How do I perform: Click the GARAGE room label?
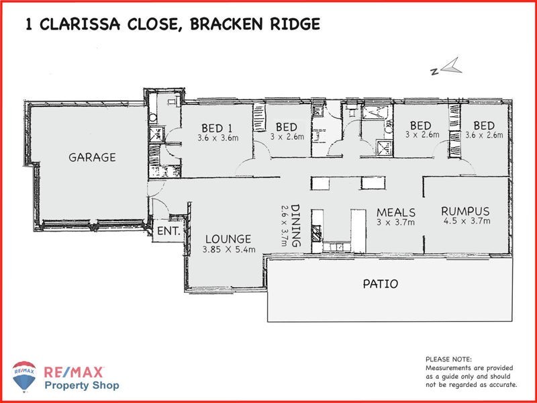[92, 158]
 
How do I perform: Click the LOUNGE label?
[228, 238]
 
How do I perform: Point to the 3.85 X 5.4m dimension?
[228, 250]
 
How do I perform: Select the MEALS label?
[395, 212]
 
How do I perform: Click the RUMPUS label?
[465, 210]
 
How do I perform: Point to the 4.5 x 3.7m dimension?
[465, 221]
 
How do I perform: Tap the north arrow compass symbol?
[447, 67]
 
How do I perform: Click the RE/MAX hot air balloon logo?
[24, 377]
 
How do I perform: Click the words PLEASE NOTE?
[448, 359]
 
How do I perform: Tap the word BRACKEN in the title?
[226, 24]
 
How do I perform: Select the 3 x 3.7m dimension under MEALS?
[395, 222]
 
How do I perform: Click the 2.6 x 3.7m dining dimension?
[285, 226]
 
